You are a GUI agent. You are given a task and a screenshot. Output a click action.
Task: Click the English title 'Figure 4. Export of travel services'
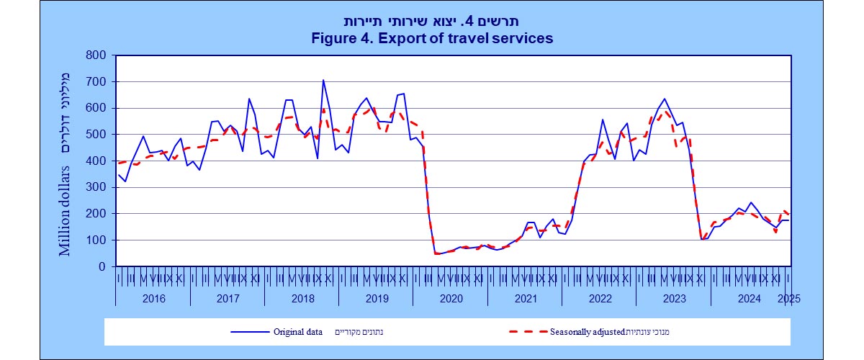coord(432,37)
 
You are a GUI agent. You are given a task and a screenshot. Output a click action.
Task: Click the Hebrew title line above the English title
coord(432,21)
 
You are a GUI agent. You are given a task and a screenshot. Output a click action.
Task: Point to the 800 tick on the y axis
coord(96,55)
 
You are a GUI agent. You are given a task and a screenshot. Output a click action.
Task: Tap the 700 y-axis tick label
coord(96,81)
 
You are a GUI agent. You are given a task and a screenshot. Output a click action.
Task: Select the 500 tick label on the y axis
coord(96,135)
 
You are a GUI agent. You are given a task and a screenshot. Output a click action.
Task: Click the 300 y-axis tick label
coord(96,187)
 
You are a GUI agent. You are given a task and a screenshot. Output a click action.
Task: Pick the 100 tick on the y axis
coord(96,240)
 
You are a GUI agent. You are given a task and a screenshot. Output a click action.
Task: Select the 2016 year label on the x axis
coord(153,298)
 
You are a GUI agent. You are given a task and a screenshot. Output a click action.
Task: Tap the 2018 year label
coord(302,298)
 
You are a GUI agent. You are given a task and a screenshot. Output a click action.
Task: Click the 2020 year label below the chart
coord(450,298)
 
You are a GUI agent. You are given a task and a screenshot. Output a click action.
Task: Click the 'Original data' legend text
coord(297,332)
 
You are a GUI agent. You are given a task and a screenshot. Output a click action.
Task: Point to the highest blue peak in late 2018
coord(323,80)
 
